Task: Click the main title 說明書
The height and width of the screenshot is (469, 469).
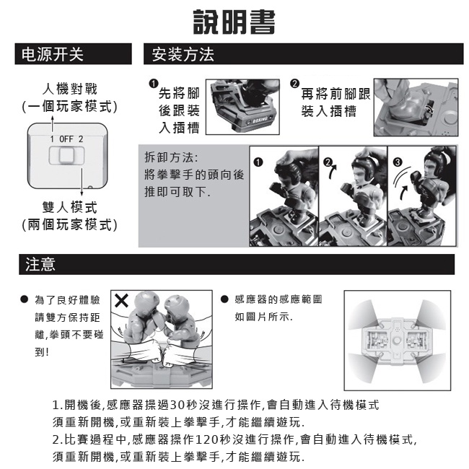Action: (234, 22)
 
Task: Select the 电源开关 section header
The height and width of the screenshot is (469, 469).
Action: (53, 54)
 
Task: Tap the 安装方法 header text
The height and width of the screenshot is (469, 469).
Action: (183, 54)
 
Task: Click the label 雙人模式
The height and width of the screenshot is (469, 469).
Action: (69, 207)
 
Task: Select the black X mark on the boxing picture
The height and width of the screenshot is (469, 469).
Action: (123, 301)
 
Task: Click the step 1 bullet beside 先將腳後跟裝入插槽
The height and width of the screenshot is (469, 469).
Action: (152, 84)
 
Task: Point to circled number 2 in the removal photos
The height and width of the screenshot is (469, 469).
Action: (328, 164)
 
